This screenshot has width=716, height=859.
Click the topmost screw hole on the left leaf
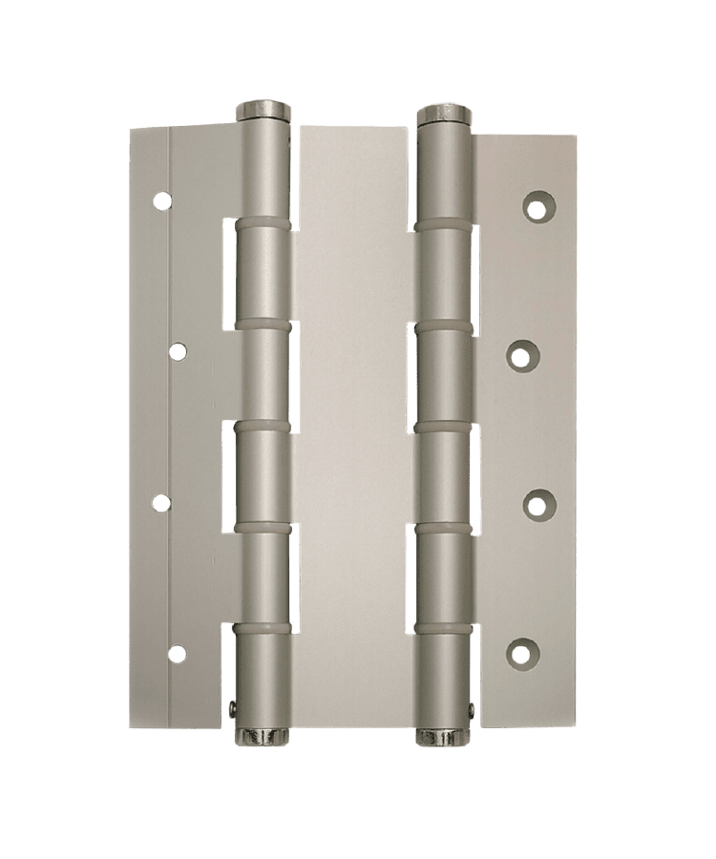[x=163, y=201]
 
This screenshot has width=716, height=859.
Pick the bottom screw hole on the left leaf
[x=178, y=653]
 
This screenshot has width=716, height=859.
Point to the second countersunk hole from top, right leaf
[x=520, y=355]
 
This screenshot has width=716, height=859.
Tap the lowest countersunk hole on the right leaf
[x=520, y=653]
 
